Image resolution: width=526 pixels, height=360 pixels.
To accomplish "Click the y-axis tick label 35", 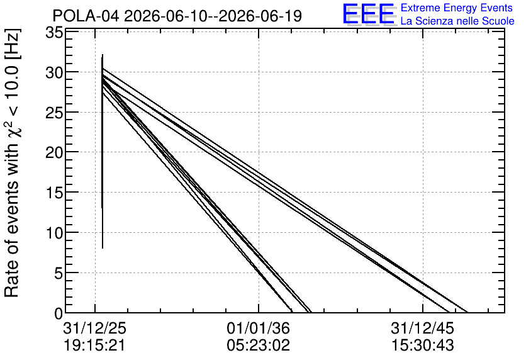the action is coord(54,33).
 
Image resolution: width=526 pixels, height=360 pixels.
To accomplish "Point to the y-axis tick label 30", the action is coord(54,72).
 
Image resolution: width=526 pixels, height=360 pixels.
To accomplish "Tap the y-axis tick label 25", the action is coord(54,113).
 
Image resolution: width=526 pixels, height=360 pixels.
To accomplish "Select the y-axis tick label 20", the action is coord(54,153).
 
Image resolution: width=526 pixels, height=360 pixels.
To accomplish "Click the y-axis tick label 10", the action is coord(54,233).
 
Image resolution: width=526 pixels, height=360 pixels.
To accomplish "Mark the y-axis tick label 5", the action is coord(59,273).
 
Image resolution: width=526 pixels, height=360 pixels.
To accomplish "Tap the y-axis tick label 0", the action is coord(59,313).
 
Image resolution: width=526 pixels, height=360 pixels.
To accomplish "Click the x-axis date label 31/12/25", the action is coord(94,328).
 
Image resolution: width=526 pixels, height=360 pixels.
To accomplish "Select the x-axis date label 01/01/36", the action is coord(259,328).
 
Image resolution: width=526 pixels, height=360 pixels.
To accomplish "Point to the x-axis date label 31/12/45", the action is coord(422,328).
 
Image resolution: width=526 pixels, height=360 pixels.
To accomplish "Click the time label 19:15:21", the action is coord(94,346).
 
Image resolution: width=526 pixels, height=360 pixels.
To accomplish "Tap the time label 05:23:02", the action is coord(259,346).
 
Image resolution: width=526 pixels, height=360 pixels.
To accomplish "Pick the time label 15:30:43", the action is coord(422,346).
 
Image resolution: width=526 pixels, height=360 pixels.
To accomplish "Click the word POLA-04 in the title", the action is coord(86,16).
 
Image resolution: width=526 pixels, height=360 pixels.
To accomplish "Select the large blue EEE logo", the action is coord(369,14).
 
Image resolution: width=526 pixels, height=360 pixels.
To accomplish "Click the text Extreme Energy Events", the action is coord(457,8).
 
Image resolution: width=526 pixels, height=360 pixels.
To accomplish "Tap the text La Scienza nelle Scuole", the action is coord(457,21).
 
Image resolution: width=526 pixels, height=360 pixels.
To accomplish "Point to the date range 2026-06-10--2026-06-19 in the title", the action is coord(213,16).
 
